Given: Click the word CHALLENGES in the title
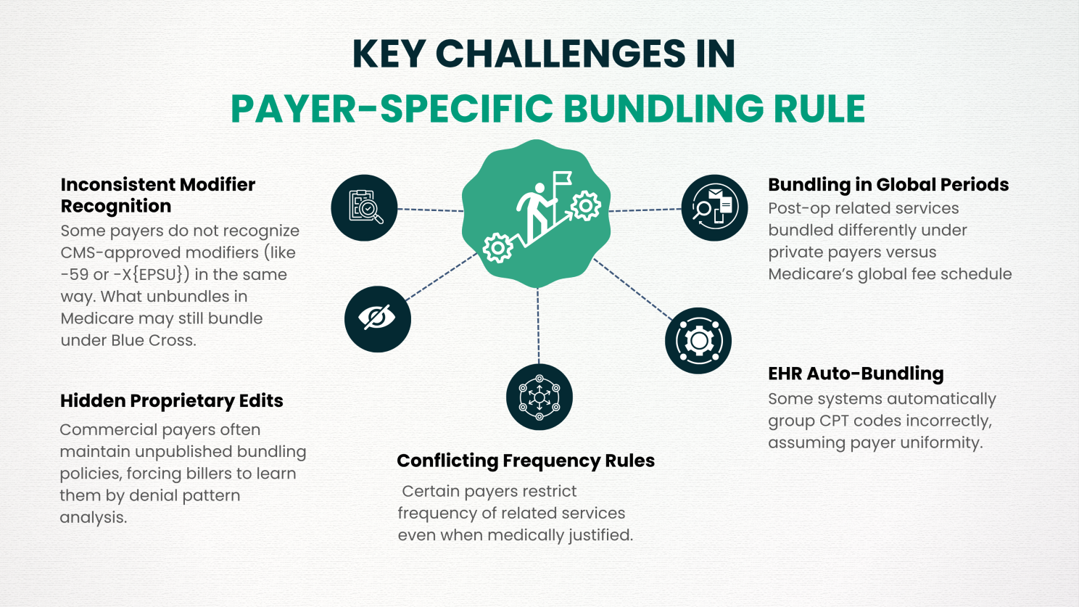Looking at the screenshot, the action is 560,54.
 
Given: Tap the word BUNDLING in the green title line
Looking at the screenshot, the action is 663,109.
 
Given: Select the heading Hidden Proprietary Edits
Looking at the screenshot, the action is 171,401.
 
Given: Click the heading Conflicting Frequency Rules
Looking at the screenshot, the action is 526,461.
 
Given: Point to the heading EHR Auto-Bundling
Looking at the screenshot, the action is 856,373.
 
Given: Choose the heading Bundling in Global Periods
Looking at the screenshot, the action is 888,184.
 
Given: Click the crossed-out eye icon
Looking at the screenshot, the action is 377,319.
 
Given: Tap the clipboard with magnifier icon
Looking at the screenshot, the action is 364,207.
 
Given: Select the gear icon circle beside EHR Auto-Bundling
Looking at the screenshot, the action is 698,341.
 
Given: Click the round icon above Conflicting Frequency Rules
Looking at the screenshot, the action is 539,397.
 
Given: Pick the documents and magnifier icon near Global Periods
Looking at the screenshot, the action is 714,207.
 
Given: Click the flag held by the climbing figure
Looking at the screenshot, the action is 563,178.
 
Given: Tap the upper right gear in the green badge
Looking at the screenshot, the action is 586,206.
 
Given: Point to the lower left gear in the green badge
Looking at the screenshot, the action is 497,247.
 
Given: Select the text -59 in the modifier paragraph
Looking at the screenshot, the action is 75,275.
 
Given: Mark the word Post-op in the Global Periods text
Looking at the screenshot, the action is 795,209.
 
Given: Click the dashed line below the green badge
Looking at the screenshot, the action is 538,326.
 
